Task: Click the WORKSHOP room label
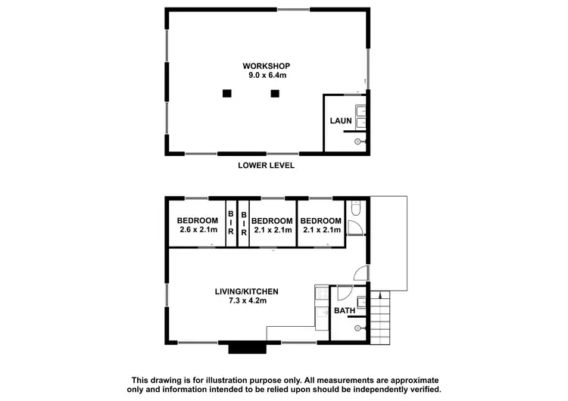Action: point(267,66)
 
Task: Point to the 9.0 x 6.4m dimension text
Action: point(267,75)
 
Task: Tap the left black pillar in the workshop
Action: point(226,94)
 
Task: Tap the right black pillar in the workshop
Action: point(275,94)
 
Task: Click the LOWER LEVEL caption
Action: point(266,165)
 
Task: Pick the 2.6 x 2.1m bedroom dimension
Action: point(198,229)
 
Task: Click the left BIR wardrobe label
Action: point(232,222)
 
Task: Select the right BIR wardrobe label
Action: point(244,222)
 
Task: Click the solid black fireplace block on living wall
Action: point(248,348)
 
